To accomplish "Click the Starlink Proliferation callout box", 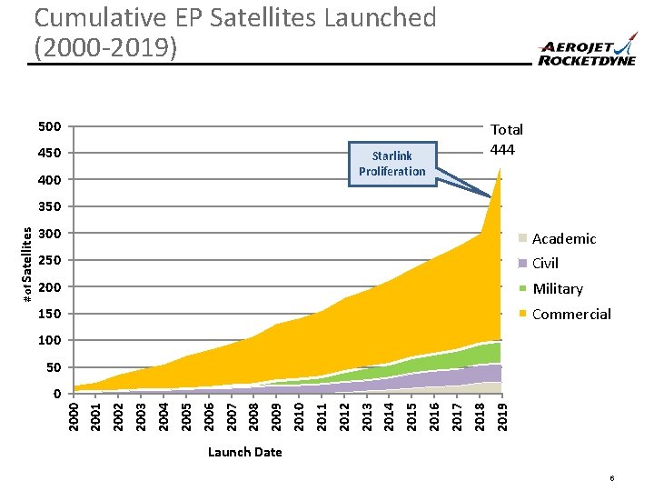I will click(x=391, y=164).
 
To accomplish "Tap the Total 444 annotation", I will click(x=507, y=139).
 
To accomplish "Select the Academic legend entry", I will click(x=563, y=238).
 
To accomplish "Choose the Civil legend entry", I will click(x=545, y=264).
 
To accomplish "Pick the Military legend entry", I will click(x=557, y=288).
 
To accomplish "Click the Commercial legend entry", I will click(x=570, y=314).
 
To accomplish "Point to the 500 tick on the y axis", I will click(x=50, y=126).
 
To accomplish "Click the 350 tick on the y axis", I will click(x=50, y=207).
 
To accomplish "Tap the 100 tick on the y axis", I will click(x=50, y=340).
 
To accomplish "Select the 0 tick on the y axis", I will click(x=56, y=394).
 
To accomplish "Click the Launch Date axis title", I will click(x=244, y=452).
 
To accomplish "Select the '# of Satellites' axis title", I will click(x=28, y=265).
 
